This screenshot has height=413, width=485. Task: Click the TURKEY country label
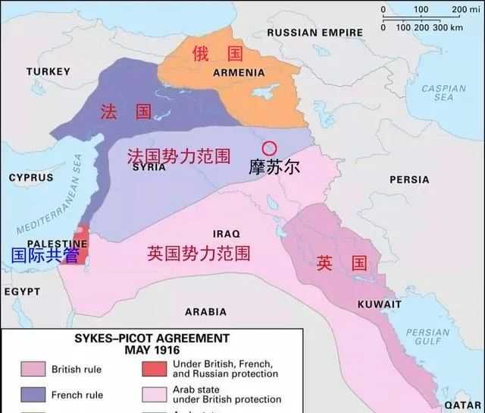pyautogui.click(x=48, y=71)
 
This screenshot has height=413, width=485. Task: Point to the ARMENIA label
pyautogui.click(x=239, y=73)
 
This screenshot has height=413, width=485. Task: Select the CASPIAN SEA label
pyautogui.click(x=443, y=93)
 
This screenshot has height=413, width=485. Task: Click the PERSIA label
pyautogui.click(x=409, y=180)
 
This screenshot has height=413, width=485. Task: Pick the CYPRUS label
pyautogui.click(x=31, y=178)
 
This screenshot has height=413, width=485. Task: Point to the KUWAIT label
pyautogui.click(x=379, y=304)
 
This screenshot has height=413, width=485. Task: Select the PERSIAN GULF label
pyautogui.click(x=427, y=337)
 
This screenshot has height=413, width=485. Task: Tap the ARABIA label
pyautogui.click(x=205, y=312)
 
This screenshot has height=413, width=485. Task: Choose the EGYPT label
pyautogui.click(x=21, y=292)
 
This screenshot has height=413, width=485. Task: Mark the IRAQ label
pyautogui.click(x=226, y=234)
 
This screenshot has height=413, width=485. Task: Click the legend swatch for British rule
pyautogui.click(x=34, y=370)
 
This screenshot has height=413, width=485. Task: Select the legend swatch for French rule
pyautogui.click(x=34, y=395)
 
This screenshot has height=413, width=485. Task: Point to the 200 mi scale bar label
pyautogui.click(x=467, y=10)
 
